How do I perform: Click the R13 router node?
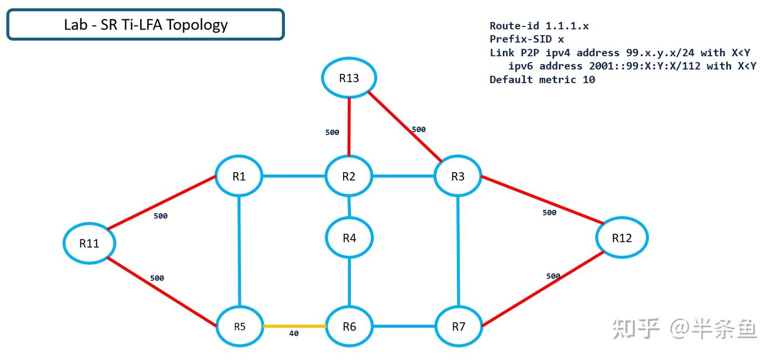click(349, 78)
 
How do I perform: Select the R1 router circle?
click(239, 176)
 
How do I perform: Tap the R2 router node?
click(349, 176)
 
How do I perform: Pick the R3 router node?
click(458, 176)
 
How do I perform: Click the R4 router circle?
click(349, 237)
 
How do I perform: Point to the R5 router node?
click(240, 327)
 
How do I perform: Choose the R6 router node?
click(349, 327)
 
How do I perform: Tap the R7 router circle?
click(458, 327)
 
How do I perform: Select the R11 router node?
click(89, 243)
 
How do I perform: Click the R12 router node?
click(622, 237)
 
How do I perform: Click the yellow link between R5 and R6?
click(294, 326)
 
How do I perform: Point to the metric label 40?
click(294, 334)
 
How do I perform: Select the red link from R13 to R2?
click(349, 127)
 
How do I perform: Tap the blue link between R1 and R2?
click(294, 176)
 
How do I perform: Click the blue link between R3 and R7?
click(458, 251)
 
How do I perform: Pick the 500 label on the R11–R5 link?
click(157, 279)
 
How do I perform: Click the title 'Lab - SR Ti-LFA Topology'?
click(146, 25)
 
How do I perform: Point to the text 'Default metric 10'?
click(542, 80)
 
